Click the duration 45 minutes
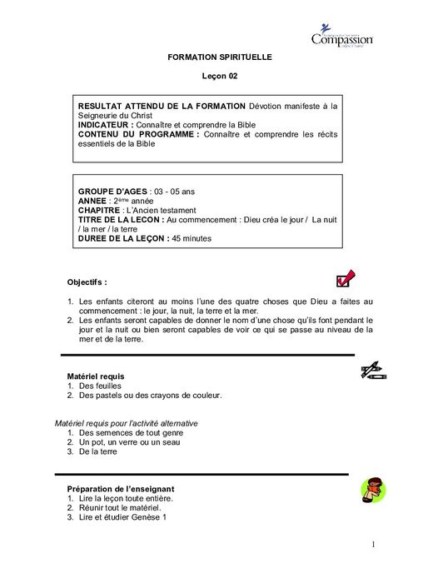pos(192,239)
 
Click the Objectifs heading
pos(87,282)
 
